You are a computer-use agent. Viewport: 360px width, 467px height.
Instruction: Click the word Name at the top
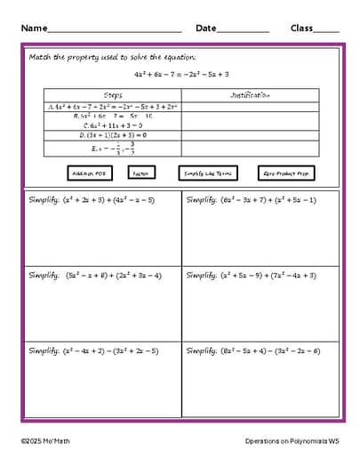click(x=35, y=28)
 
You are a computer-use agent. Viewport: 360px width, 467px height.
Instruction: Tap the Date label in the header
click(x=205, y=28)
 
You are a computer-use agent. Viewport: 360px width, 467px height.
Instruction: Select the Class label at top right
click(x=301, y=28)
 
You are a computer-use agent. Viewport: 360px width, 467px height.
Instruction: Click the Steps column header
click(x=113, y=95)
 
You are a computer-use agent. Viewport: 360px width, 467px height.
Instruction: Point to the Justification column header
click(x=250, y=95)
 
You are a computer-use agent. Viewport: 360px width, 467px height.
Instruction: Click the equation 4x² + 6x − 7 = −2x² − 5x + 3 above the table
click(x=181, y=75)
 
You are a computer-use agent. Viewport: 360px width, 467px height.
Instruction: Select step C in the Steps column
click(x=113, y=125)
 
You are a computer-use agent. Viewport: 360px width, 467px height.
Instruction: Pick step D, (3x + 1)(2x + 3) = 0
click(x=113, y=136)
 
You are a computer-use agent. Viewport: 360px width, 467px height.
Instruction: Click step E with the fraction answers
click(x=113, y=149)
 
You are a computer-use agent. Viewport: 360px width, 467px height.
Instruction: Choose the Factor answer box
click(x=140, y=173)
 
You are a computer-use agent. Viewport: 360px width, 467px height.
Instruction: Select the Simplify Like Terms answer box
click(x=207, y=173)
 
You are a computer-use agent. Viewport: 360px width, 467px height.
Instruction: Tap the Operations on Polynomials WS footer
click(x=292, y=441)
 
